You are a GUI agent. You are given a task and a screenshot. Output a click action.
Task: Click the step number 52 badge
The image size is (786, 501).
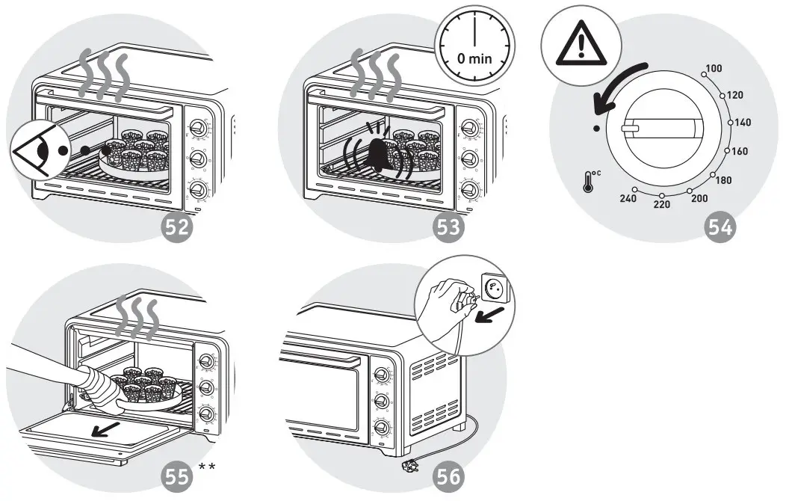[178, 227]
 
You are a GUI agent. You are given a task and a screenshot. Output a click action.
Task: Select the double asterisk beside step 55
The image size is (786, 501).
[207, 467]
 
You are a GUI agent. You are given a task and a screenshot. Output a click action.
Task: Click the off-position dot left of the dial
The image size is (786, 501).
[595, 129]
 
